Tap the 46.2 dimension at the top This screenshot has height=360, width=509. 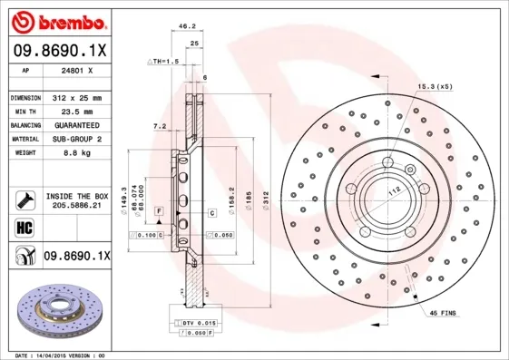tap(189, 27)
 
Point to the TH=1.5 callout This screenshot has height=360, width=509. tap(164, 61)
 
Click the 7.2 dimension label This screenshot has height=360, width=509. tap(160, 126)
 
